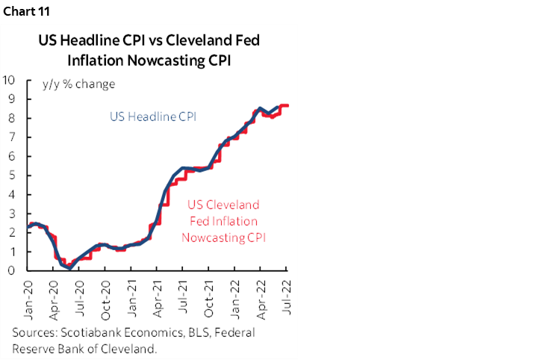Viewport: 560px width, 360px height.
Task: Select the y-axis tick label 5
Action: pyautogui.click(x=14, y=176)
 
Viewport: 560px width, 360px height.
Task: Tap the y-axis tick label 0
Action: pyautogui.click(x=14, y=271)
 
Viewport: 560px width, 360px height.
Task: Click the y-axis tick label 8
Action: pyautogui.click(x=14, y=118)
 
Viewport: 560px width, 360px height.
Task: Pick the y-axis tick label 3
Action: pyautogui.click(x=14, y=214)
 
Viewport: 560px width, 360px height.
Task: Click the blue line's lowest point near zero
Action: pyautogui.click(x=69, y=268)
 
